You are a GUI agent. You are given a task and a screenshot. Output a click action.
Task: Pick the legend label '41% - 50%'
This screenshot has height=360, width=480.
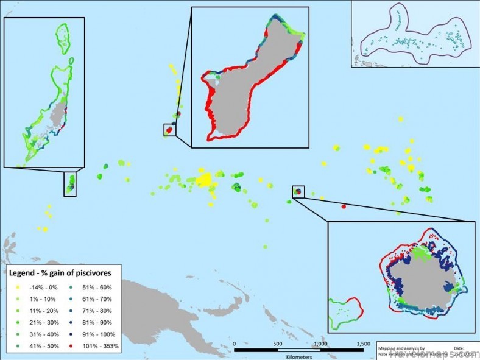point(40,345)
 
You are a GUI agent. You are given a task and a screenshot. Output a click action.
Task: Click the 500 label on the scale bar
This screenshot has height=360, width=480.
point(277,344)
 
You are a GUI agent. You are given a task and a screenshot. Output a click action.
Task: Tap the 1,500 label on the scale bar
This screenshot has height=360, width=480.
point(362,344)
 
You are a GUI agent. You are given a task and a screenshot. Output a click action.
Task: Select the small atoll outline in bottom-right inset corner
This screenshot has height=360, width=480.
point(345,309)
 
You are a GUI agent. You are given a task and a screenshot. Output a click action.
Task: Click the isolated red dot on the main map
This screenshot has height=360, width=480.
point(344,206)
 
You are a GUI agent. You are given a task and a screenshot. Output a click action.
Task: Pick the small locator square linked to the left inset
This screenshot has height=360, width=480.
point(70,184)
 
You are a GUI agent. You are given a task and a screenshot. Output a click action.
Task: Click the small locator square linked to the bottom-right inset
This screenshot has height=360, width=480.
point(298,191)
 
